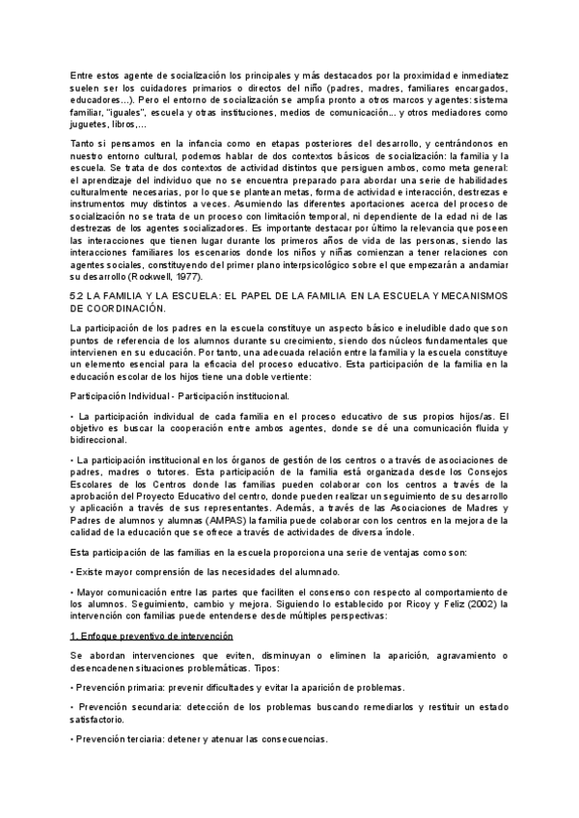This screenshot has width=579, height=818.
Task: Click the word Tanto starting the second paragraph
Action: [85, 144]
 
